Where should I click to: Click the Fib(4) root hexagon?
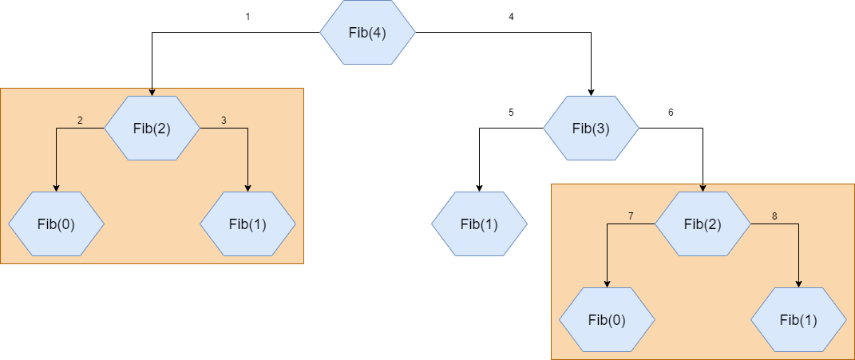tap(367, 33)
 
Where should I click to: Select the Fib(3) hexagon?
tap(591, 129)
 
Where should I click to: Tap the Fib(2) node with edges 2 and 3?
tap(152, 129)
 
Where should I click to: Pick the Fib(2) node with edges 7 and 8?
tap(703, 224)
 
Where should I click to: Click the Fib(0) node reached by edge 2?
tap(56, 224)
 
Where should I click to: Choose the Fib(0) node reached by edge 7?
tap(607, 320)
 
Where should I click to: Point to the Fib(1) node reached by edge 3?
tap(247, 224)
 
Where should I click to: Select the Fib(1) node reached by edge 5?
tap(479, 224)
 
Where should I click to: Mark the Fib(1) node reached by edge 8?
tap(798, 320)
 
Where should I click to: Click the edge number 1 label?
tap(248, 17)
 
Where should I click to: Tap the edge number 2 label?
tap(80, 121)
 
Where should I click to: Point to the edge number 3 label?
tap(224, 121)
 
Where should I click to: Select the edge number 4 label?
tap(511, 17)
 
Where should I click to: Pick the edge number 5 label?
tap(511, 113)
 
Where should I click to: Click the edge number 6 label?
tap(671, 113)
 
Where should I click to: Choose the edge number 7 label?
tap(631, 216)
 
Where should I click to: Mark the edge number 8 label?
tap(774, 216)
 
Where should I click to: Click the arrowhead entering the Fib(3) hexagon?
tap(591, 92)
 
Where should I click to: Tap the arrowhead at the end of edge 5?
tap(479, 188)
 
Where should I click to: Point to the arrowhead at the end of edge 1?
tap(152, 92)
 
